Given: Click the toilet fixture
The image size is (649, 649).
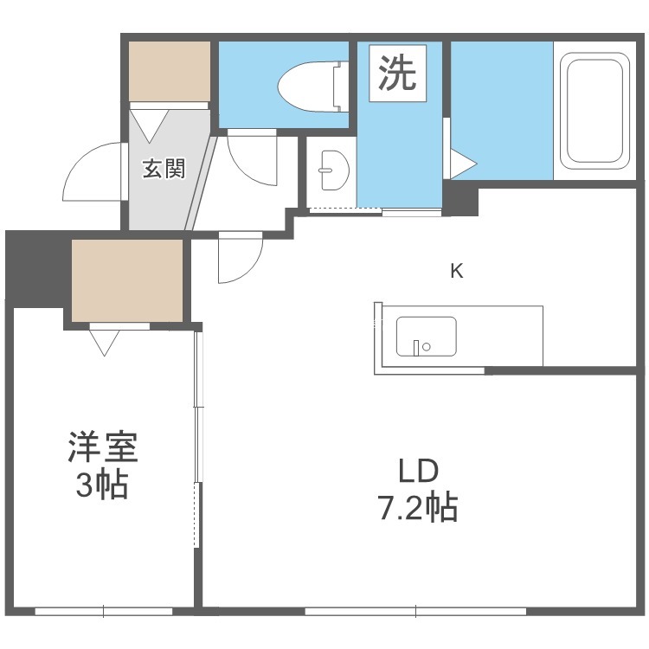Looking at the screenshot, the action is [x=312, y=87].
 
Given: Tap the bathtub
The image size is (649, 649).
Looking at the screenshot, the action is [x=594, y=111].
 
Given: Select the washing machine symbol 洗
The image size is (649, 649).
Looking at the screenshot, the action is [x=397, y=73].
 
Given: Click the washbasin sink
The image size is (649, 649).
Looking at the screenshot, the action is [x=334, y=170].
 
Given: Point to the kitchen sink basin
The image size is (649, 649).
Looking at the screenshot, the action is [x=427, y=336].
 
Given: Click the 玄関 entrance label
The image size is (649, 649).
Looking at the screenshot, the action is [x=164, y=169].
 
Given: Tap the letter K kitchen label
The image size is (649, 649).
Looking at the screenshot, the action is [x=457, y=271].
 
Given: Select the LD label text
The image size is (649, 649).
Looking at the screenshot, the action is [x=418, y=471].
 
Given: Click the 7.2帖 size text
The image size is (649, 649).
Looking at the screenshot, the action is [x=417, y=506].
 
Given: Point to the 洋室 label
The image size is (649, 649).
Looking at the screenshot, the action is [x=103, y=447].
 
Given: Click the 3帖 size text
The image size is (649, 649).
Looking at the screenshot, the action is [x=102, y=485].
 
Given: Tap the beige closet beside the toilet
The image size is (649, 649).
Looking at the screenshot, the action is [x=170, y=71].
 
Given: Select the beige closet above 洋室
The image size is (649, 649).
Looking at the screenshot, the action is [x=127, y=280].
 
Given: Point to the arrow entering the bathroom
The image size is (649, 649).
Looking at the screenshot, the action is [x=464, y=164].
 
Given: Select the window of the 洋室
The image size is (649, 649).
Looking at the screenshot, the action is [x=104, y=611].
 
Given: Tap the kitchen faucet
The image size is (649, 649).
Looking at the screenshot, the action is [x=416, y=348].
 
